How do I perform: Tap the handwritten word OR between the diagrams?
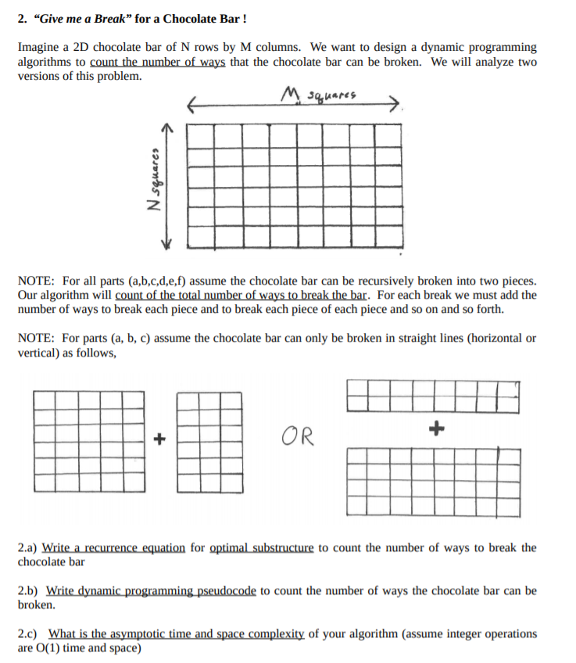tap(297, 435)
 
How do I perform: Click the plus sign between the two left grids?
tap(159, 439)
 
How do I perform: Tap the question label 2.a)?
tap(27, 547)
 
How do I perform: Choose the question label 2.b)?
tap(27, 590)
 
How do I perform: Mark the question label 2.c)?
tap(27, 633)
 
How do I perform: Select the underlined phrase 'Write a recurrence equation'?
tap(113, 547)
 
